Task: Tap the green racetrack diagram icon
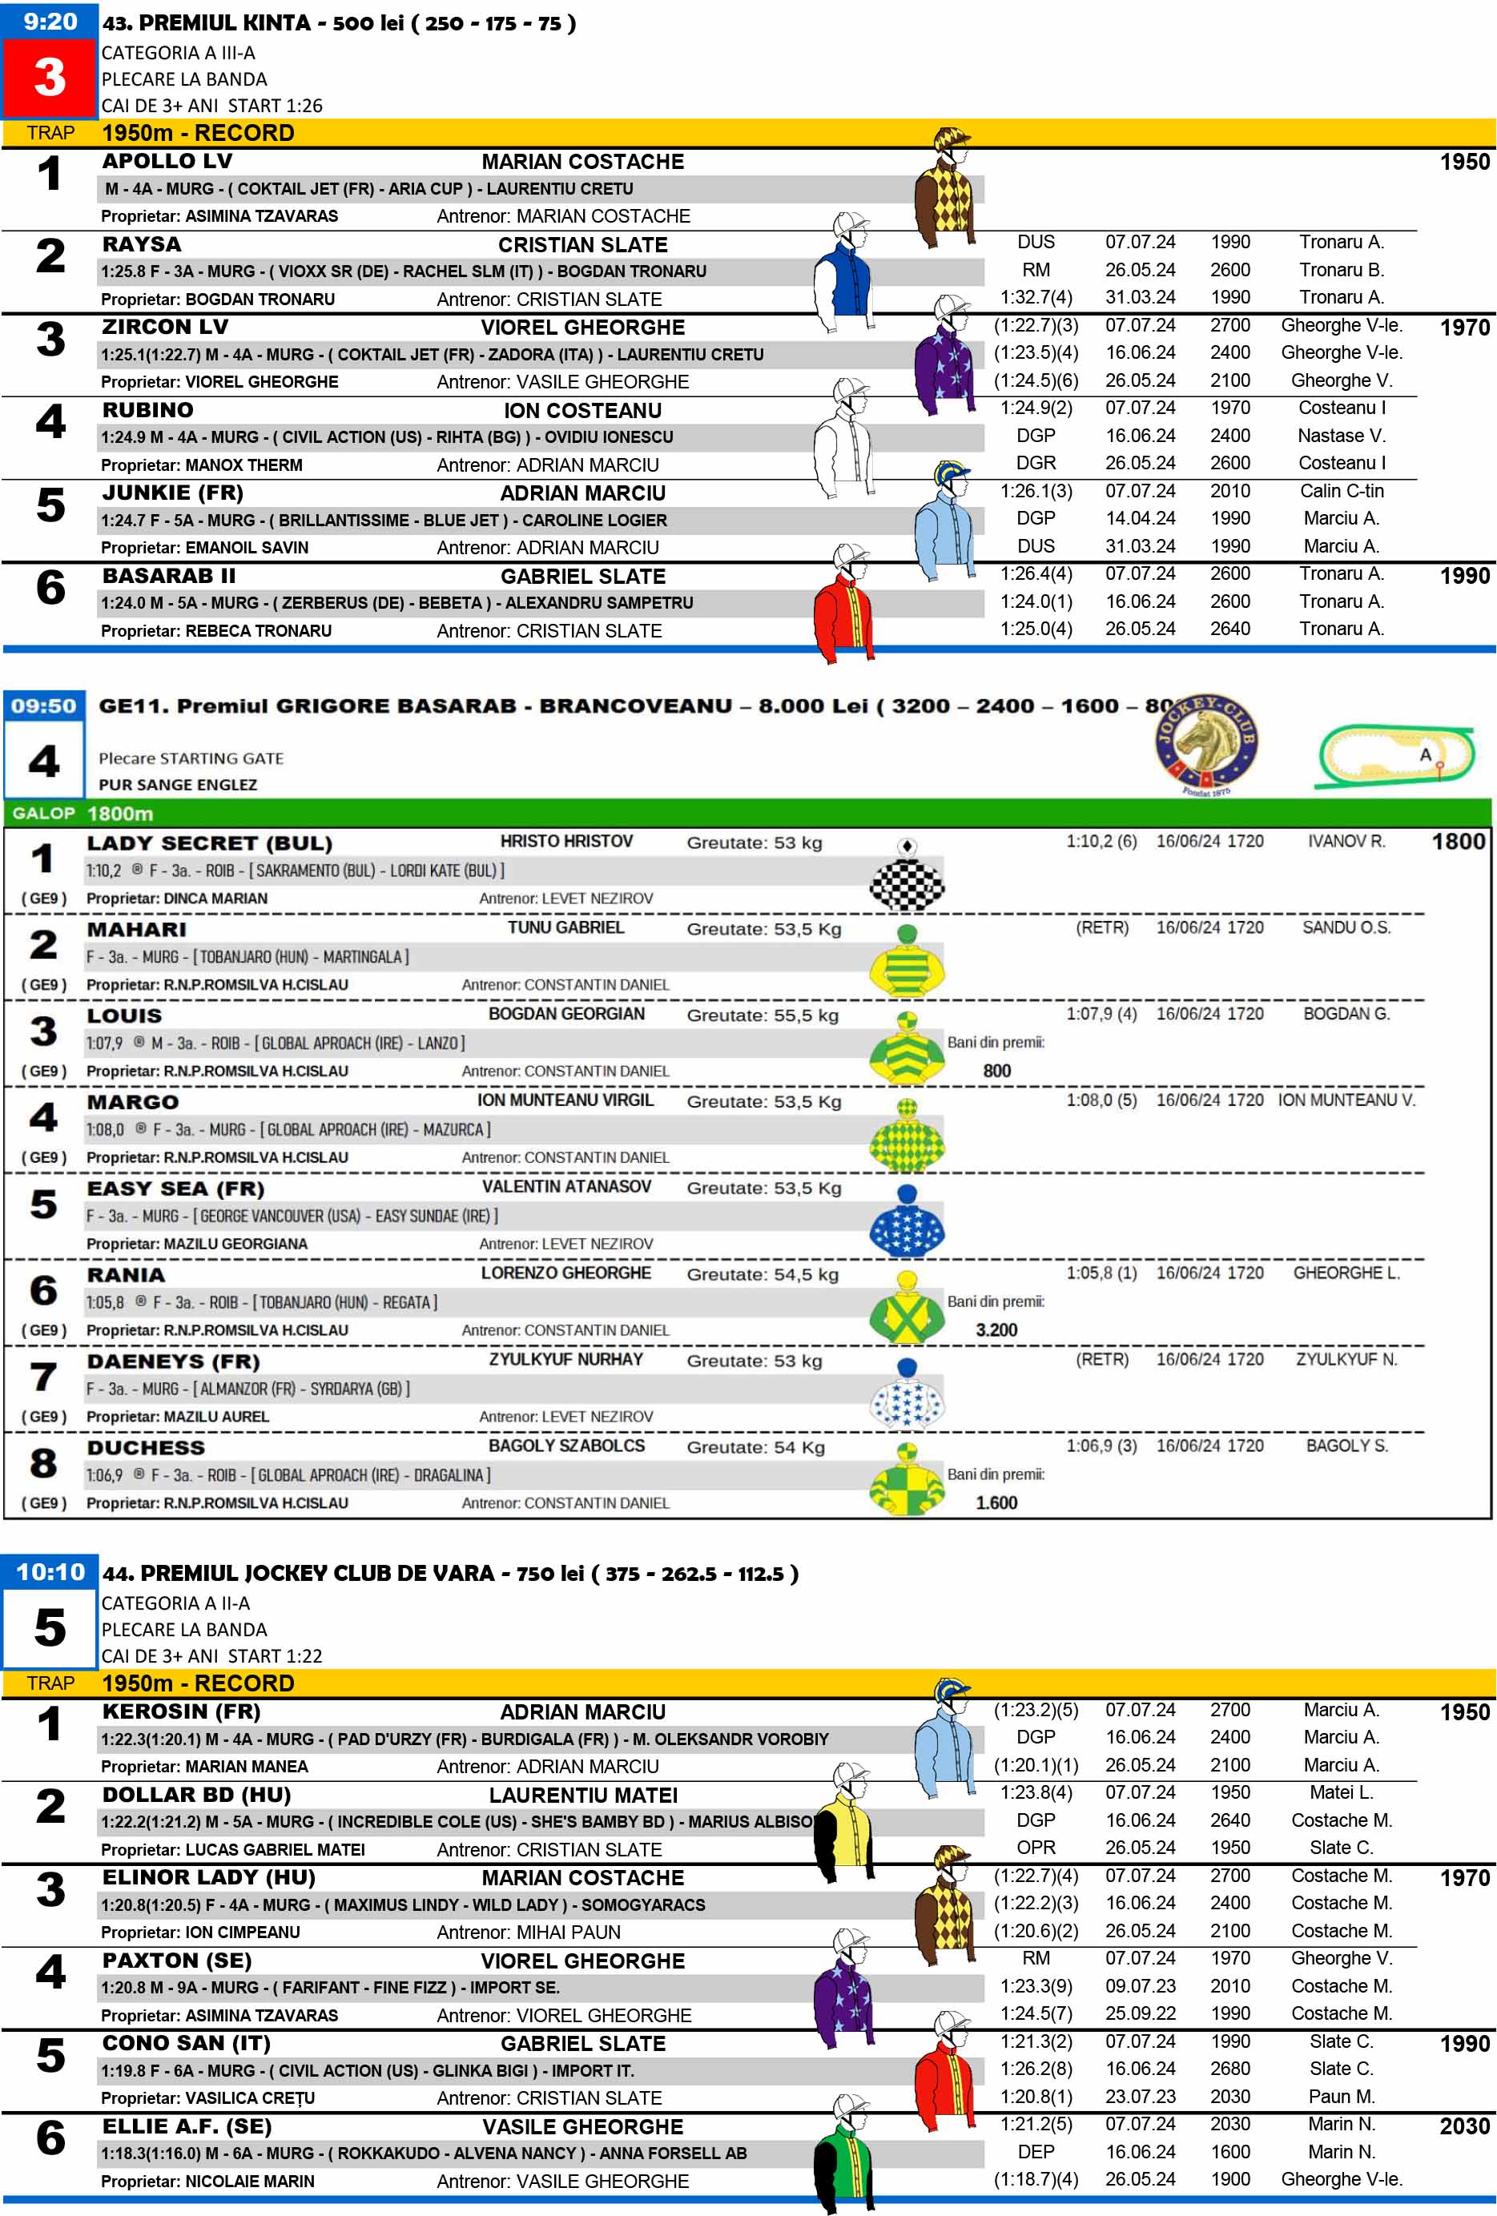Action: point(1396,756)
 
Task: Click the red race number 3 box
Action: point(50,77)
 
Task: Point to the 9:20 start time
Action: point(50,21)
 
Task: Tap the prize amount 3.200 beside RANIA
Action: point(996,1329)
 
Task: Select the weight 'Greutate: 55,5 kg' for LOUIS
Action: point(763,1015)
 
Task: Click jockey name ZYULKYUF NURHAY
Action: point(566,1359)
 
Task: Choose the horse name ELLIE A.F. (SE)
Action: point(187,2126)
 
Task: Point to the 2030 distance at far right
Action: point(1463,2126)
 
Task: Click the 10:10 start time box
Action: point(50,1572)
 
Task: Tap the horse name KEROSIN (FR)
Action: point(181,1711)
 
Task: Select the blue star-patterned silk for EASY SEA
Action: point(907,1229)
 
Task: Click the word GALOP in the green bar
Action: point(44,814)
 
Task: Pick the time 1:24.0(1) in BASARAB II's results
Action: point(1036,601)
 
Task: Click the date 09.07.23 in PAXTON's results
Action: point(1141,1986)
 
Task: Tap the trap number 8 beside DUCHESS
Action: point(44,1462)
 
